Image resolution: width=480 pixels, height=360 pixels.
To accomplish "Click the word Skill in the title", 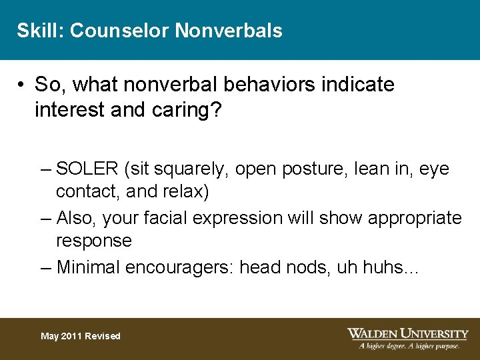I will click(38, 31).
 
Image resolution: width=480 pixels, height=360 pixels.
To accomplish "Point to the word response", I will click(94, 240).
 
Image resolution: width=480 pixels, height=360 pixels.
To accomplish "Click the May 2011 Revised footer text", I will click(80, 336).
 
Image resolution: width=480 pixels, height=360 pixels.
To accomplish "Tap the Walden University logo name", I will click(407, 333).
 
